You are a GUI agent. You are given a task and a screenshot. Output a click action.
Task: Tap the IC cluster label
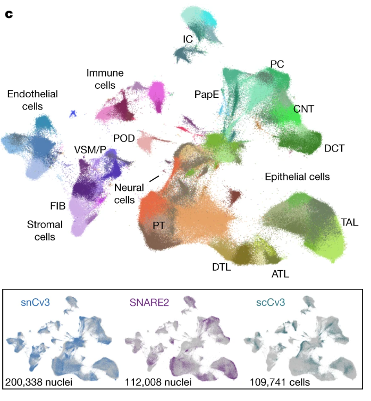pyautogui.click(x=187, y=39)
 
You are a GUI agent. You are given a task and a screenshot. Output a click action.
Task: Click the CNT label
pyautogui.click(x=303, y=109)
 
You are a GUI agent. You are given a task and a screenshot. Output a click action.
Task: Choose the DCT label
pyautogui.click(x=334, y=148)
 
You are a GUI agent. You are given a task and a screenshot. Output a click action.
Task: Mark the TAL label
pyautogui.click(x=350, y=222)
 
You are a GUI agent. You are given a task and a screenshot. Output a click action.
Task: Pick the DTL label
pyautogui.click(x=220, y=268)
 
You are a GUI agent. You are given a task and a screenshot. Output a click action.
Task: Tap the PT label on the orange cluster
pyautogui.click(x=158, y=226)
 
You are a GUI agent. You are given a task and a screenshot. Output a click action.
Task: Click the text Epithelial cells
pyautogui.click(x=297, y=177)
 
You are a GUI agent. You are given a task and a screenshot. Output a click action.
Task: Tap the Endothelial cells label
pyautogui.click(x=32, y=99)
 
